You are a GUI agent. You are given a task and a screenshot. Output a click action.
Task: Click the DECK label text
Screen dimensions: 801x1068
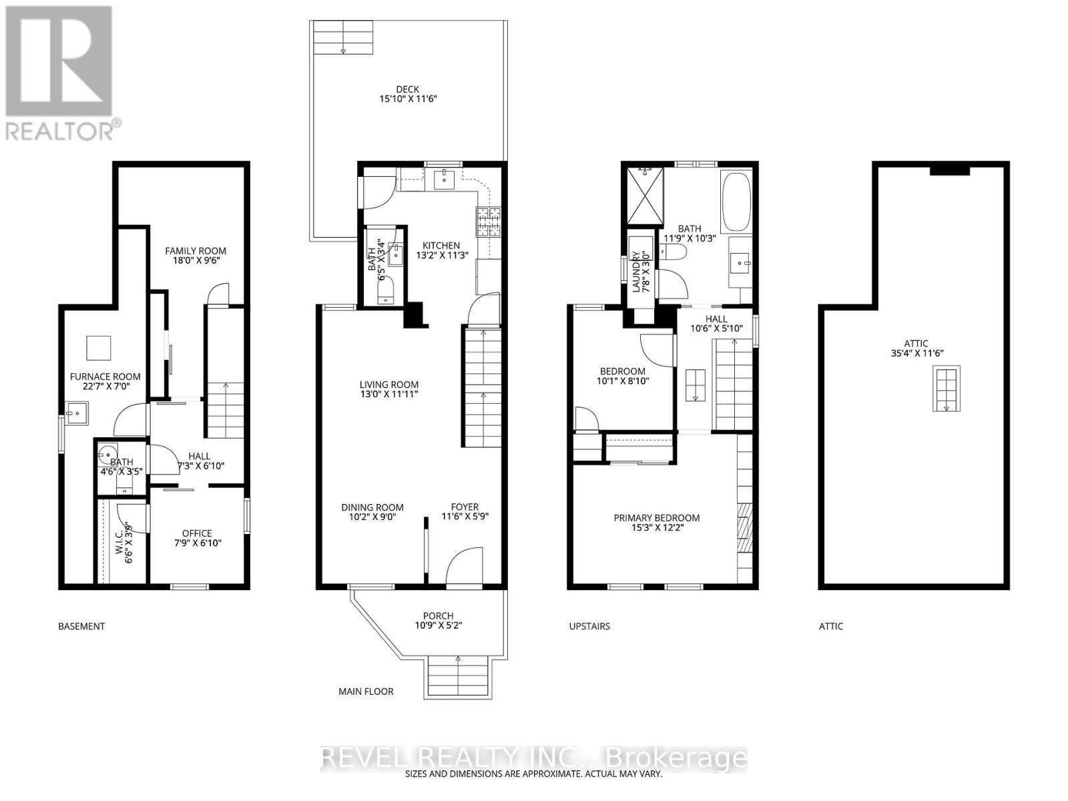[x=407, y=89]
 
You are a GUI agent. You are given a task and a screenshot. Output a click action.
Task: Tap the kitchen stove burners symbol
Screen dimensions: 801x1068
[x=488, y=222]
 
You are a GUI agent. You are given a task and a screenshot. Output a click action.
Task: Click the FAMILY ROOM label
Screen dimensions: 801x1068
[x=196, y=251]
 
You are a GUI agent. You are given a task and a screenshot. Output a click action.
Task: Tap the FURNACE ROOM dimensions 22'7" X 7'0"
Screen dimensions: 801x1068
[x=105, y=388]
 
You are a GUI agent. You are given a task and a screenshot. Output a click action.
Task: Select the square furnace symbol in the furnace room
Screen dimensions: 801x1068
[x=99, y=348]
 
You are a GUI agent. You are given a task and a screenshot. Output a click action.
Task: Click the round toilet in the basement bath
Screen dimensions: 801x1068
[x=107, y=456]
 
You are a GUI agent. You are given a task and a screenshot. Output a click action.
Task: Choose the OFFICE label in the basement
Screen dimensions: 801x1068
[x=197, y=533]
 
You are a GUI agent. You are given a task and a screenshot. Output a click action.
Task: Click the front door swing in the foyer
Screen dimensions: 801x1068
[x=463, y=568]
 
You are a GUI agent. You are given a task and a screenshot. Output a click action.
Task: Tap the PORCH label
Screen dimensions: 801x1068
[x=438, y=615]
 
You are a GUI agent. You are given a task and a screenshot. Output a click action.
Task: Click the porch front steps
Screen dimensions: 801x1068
[x=459, y=677]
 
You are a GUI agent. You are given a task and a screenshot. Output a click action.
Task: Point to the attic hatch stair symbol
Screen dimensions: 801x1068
[x=946, y=389]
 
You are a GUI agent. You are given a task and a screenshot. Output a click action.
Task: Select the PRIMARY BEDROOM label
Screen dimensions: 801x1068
[x=657, y=517]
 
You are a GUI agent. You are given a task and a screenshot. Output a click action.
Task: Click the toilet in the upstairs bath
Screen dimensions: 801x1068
[x=675, y=252]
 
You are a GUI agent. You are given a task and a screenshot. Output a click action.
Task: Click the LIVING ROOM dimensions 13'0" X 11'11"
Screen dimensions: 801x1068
[x=389, y=394]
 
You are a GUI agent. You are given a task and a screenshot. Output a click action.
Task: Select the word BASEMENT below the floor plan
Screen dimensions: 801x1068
[x=81, y=626]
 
